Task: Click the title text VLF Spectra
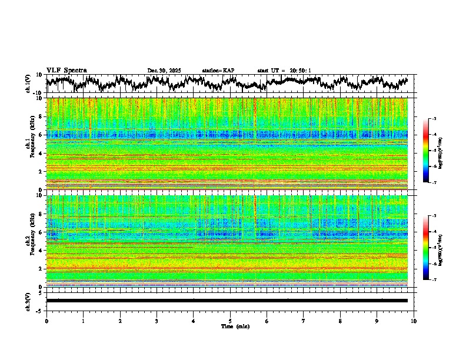point(66,71)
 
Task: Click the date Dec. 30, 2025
point(164,71)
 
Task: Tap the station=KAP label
point(218,71)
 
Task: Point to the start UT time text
point(284,71)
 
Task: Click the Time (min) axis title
point(234,326)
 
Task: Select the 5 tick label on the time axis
point(231,321)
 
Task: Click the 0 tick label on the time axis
point(46,321)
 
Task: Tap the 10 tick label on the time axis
point(414,321)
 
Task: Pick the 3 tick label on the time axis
point(157,321)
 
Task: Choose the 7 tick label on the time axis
point(304,321)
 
